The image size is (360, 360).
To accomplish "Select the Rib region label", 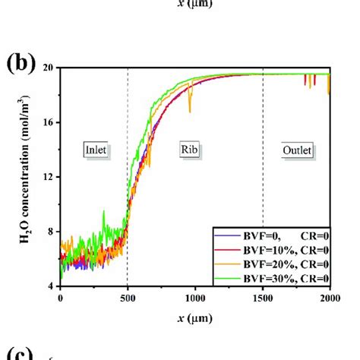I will pyautogui.click(x=191, y=150).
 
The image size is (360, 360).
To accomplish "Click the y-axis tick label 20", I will pyautogui.click(x=47, y=68).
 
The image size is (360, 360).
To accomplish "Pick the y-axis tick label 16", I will pyautogui.click(x=47, y=122).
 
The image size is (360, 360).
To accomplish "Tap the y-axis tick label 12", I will pyautogui.click(x=47, y=177).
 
